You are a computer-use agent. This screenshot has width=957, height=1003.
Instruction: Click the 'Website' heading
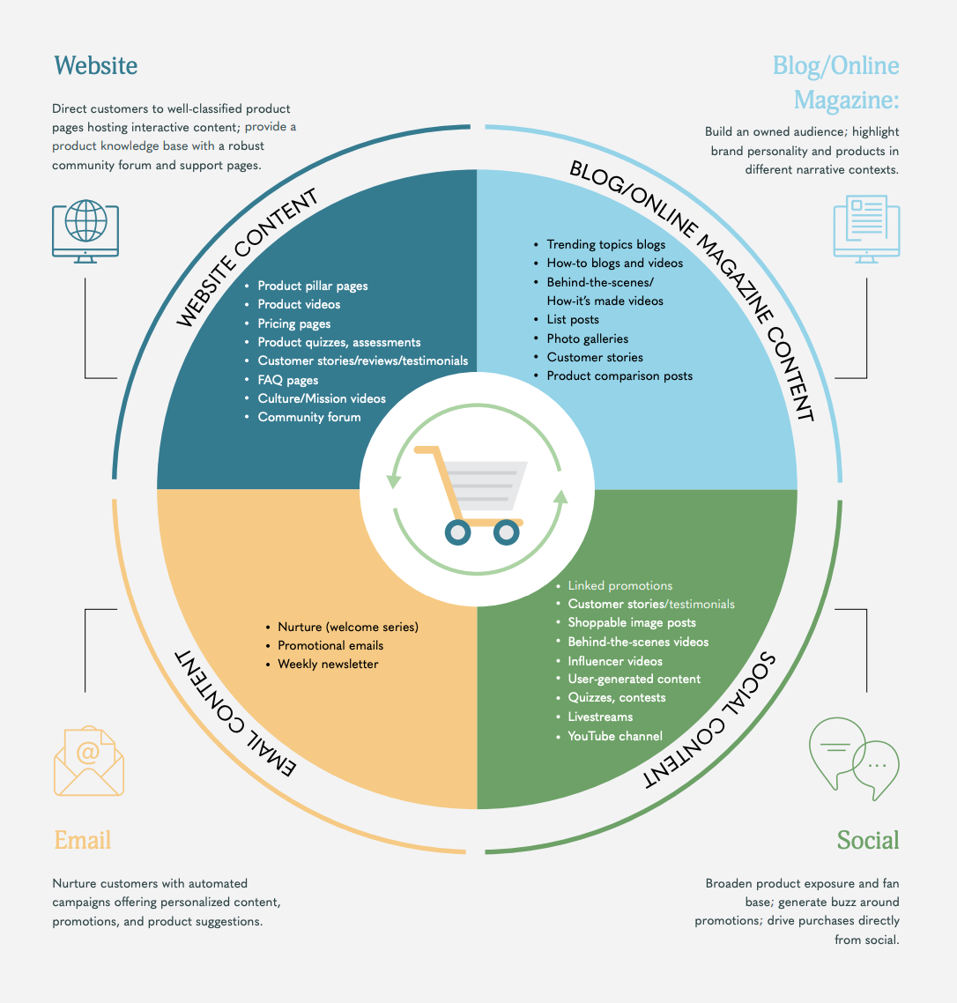click(95, 66)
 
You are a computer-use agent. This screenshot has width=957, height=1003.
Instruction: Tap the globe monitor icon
click(85, 231)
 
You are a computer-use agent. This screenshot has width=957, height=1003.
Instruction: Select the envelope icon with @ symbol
click(89, 761)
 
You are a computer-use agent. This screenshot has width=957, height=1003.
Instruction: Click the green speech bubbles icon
click(854, 759)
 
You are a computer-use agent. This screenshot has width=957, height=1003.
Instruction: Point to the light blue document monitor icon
click(867, 229)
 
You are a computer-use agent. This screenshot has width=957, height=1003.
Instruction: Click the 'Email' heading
click(83, 840)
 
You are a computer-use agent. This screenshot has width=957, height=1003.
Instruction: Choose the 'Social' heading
click(868, 840)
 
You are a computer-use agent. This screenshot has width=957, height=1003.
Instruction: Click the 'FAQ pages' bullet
click(288, 380)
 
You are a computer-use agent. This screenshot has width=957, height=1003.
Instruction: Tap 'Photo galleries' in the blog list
click(587, 338)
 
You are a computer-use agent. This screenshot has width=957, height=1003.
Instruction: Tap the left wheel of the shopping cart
click(458, 532)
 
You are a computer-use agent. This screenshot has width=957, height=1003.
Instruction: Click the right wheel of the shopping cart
click(506, 532)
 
